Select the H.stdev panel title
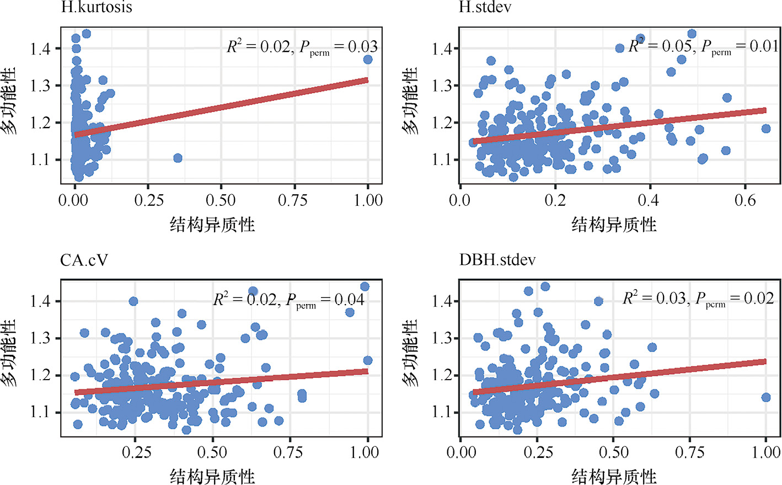(x=485, y=7)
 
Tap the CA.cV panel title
(x=84, y=260)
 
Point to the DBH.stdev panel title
(x=497, y=260)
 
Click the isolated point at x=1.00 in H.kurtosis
(x=368, y=60)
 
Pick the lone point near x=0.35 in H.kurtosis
(x=178, y=158)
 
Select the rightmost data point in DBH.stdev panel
(x=765, y=397)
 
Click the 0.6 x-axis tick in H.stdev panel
(x=745, y=200)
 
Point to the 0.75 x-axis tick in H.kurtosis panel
(x=293, y=200)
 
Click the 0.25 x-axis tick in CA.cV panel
(x=136, y=452)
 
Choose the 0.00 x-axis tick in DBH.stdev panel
(x=461, y=452)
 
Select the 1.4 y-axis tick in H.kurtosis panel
(x=40, y=49)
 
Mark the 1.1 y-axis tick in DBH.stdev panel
(x=442, y=412)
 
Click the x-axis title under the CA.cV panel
(x=212, y=476)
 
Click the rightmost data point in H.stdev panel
(x=765, y=129)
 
